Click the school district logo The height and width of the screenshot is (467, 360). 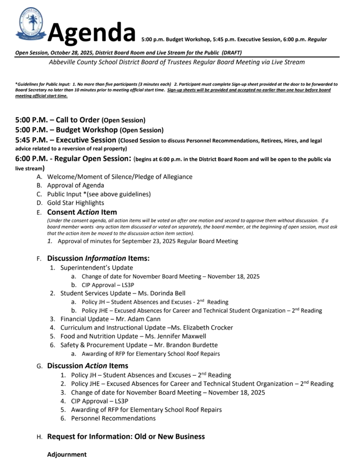[x=31, y=24]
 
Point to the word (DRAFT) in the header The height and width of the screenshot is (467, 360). [x=231, y=52]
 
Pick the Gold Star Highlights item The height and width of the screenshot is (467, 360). [x=76, y=202]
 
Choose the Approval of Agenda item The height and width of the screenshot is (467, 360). [x=76, y=185]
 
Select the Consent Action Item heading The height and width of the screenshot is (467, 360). [x=82, y=212]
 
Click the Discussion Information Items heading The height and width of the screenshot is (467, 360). [x=98, y=258]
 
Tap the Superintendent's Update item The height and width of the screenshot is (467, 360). [x=97, y=268]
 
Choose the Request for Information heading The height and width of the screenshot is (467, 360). [x=126, y=436]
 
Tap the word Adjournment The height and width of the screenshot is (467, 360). [x=67, y=454]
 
